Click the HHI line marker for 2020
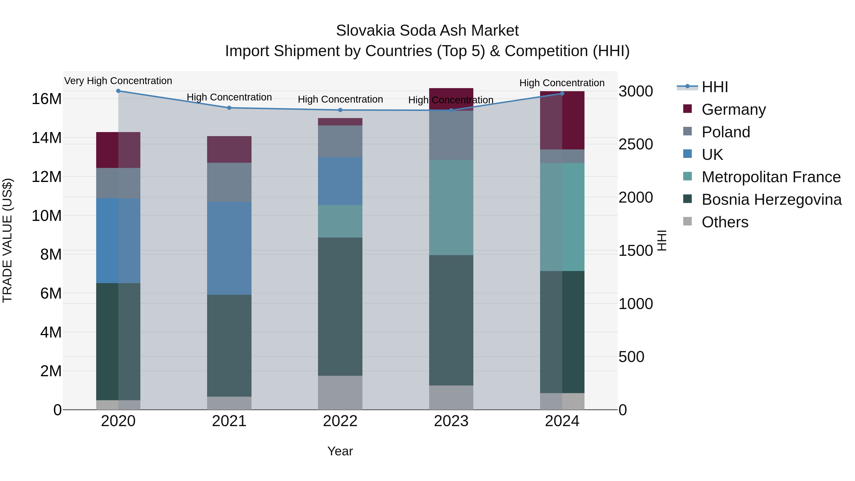tap(118, 91)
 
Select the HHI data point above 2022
tap(340, 110)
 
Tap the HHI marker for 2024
tap(562, 94)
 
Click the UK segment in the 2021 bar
tap(229, 248)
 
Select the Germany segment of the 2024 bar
tap(562, 120)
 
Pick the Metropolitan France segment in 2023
tap(451, 207)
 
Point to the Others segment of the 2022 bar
tap(340, 393)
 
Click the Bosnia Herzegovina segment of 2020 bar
tap(118, 341)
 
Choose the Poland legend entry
tap(726, 132)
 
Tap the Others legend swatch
tap(687, 221)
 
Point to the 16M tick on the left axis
tap(47, 99)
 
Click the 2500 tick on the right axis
tap(636, 144)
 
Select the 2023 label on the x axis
tap(451, 421)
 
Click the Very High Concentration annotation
tap(118, 81)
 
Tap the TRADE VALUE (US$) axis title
tap(7, 241)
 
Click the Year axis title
tap(340, 451)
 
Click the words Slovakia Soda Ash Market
tap(427, 31)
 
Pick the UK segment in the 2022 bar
tap(340, 181)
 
